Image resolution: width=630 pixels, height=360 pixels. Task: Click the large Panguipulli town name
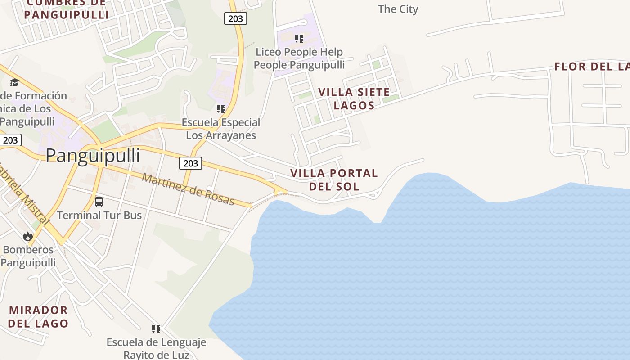coord(93,156)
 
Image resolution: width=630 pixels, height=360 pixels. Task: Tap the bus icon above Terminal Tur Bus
coord(99,202)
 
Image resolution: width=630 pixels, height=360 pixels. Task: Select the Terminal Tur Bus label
coord(99,215)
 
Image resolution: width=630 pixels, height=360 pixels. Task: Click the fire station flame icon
coord(28,236)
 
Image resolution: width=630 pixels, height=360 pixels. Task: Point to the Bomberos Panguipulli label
coord(28,256)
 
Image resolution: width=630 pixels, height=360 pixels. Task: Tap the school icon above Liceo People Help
coord(299,39)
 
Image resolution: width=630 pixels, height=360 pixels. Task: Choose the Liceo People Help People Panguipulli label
coord(299,58)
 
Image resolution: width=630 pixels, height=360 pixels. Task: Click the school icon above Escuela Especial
coord(221,109)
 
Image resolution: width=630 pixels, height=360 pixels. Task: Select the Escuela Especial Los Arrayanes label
coord(221,129)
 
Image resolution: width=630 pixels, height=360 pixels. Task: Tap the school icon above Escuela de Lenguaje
coord(156,329)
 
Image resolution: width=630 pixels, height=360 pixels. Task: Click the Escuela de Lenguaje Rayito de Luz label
coord(156,348)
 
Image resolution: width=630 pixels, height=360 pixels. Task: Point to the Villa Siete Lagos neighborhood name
coord(354,99)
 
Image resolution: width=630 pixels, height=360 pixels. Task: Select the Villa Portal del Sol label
coord(334,180)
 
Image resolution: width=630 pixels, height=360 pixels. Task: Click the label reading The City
coord(398,9)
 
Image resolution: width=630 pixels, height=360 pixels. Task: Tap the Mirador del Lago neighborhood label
coord(38,316)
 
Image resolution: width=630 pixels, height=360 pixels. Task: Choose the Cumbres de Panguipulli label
coord(66,9)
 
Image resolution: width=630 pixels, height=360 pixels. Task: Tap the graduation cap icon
coord(14,82)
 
